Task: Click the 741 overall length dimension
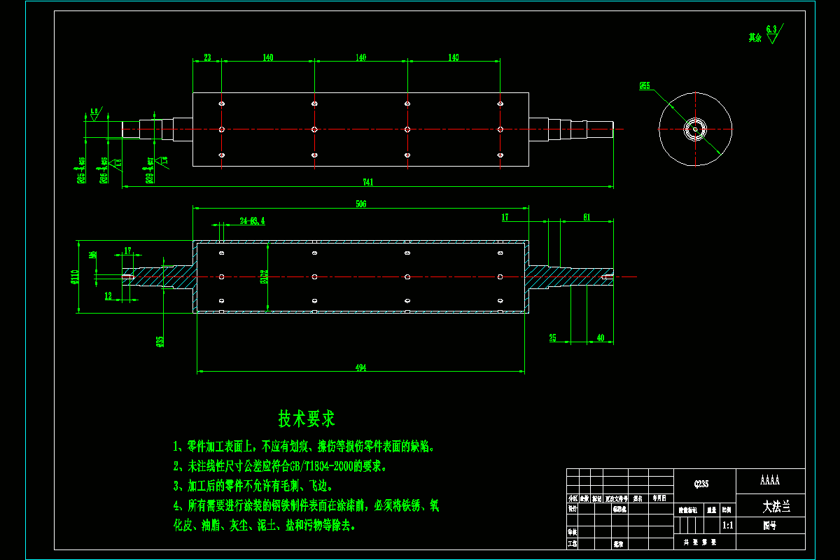368,183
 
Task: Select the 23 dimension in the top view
207,58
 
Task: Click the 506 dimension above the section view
361,204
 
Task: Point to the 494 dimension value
361,367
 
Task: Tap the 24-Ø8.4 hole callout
252,221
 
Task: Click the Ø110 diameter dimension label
76,277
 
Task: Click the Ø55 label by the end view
644,86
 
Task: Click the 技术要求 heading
307,419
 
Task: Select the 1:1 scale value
727,524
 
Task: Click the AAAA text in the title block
770,481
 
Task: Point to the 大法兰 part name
776,505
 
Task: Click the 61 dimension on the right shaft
587,217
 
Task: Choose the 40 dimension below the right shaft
600,338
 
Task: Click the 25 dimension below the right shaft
552,338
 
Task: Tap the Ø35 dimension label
160,341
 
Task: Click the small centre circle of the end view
695,129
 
